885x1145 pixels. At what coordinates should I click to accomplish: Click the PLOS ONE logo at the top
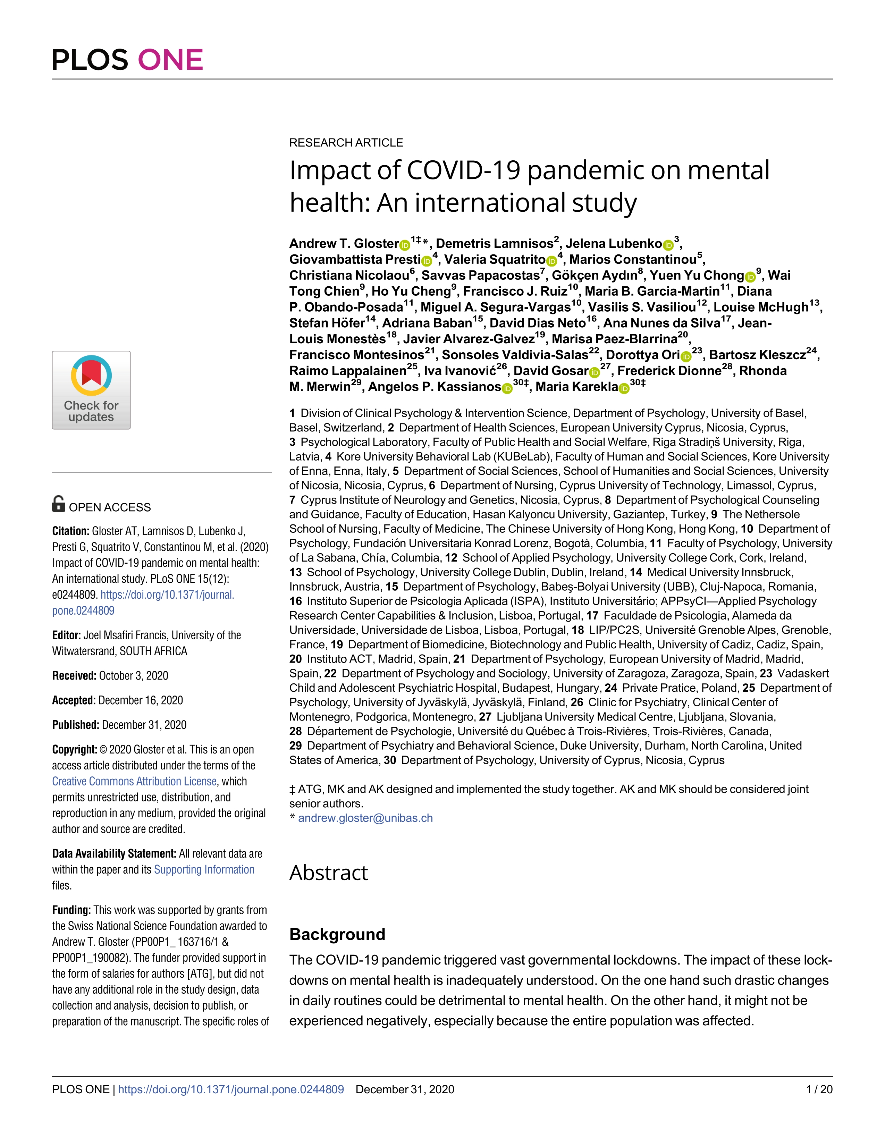pos(127,60)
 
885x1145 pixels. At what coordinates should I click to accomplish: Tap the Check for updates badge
pos(91,390)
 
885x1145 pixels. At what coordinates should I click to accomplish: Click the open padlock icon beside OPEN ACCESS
pos(59,504)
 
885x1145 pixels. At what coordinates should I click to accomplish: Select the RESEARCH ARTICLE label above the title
pos(346,143)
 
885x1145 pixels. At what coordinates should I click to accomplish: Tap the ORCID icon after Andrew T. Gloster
pos(405,245)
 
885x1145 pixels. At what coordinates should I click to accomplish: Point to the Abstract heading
pos(329,873)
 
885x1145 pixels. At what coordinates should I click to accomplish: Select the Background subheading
pos(337,934)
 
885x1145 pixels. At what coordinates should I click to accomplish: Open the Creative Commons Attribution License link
pos(134,781)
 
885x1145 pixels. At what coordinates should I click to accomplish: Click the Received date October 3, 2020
pos(133,676)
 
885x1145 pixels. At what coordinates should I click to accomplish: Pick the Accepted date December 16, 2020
pos(141,700)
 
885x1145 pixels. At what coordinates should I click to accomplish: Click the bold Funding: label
pos(72,910)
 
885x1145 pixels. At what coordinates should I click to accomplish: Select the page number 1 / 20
pos(819,1089)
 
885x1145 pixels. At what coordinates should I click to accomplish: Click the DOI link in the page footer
pos(231,1089)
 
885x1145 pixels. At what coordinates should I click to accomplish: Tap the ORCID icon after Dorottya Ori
pos(686,356)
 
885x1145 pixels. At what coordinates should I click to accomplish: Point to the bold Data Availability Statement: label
pos(114,853)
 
